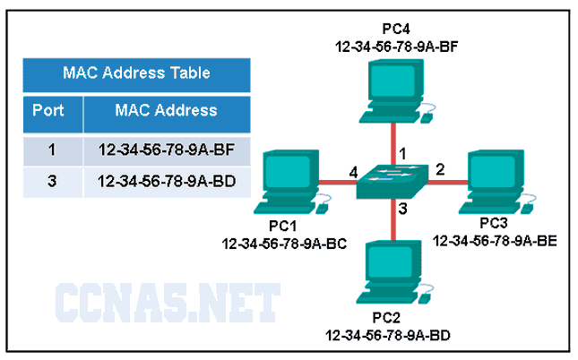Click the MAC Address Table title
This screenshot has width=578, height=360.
136,73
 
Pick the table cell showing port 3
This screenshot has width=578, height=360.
51,181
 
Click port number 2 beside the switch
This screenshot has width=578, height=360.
440,167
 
